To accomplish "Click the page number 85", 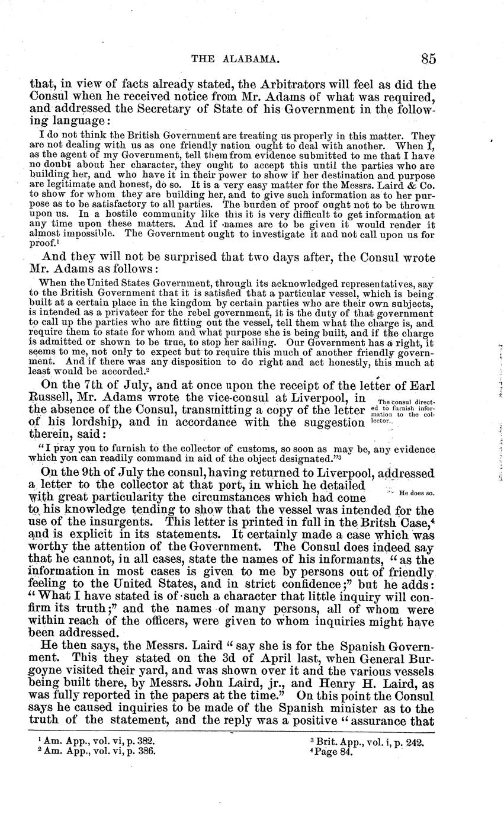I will [x=429, y=59].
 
